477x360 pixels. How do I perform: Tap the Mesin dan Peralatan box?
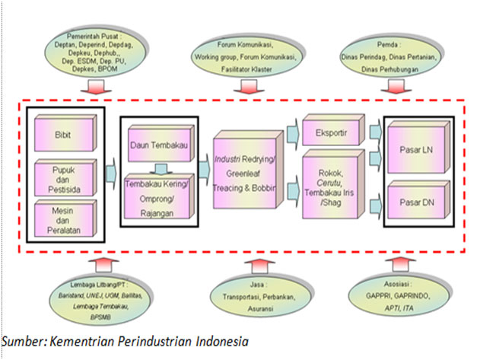pos(65,218)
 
